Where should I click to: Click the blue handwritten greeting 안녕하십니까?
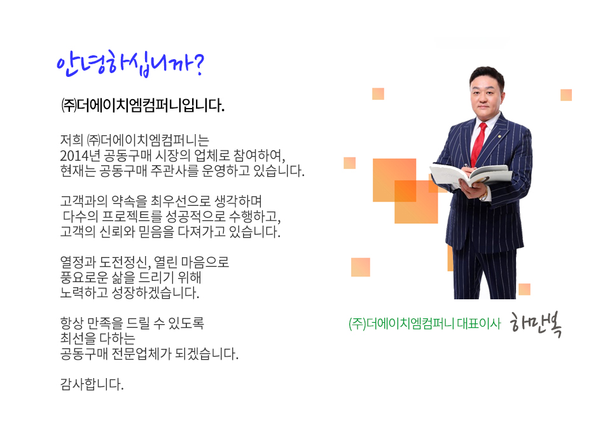(130, 64)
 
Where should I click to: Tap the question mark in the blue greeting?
(198, 64)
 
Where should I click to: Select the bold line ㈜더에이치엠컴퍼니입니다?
(143, 105)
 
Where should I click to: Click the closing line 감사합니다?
(92, 384)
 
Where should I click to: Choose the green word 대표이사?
(478, 323)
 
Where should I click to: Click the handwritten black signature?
(536, 325)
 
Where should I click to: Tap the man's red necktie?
(478, 144)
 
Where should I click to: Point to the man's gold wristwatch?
(484, 194)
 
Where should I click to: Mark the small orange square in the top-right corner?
(566, 95)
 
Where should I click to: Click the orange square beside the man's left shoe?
(524, 289)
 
